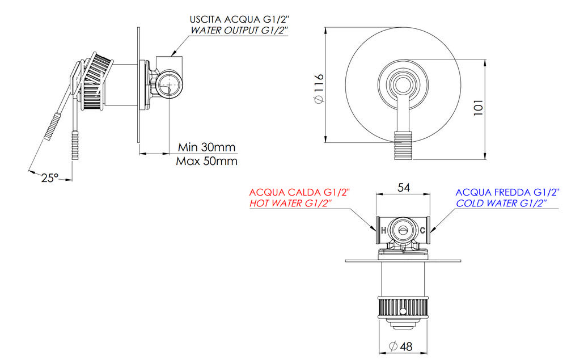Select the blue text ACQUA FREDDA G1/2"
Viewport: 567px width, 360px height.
click(x=507, y=192)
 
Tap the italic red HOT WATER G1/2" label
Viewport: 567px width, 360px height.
click(x=291, y=203)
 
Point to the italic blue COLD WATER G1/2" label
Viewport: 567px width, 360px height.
click(x=501, y=204)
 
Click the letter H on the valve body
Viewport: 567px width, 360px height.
click(x=383, y=230)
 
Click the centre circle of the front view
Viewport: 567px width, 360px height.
click(x=403, y=85)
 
